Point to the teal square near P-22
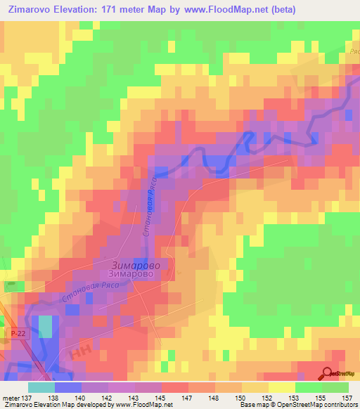[x=46, y=327]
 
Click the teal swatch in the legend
[x=41, y=387]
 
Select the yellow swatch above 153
[x=281, y=387]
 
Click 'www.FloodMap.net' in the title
[x=224, y=10]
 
